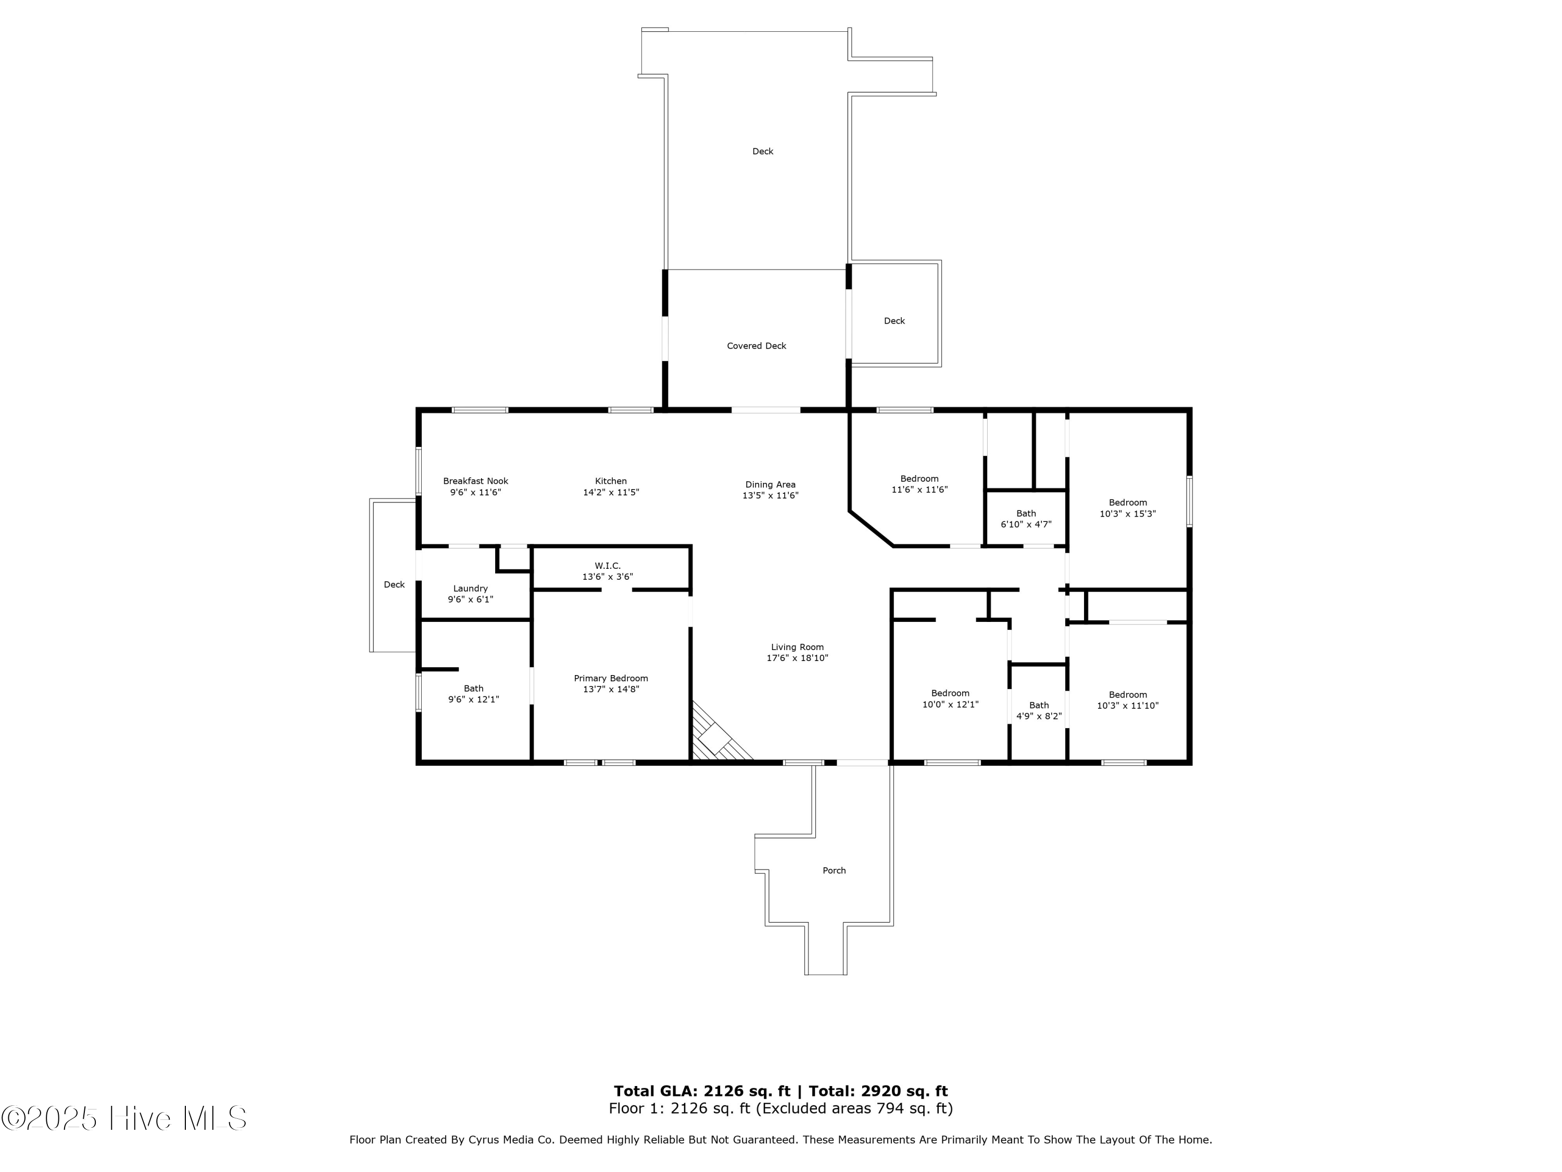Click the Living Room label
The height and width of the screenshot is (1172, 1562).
pos(797,647)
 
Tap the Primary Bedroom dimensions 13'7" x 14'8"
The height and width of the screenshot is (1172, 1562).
pos(611,690)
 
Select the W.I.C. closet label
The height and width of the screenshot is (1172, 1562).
pos(607,566)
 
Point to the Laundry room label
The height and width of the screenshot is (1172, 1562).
pos(470,589)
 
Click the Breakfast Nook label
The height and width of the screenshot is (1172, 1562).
pos(475,481)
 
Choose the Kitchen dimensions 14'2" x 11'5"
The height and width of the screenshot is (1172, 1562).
pos(611,492)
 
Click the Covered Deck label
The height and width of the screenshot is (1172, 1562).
pos(757,346)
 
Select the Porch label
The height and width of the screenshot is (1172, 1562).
pos(834,870)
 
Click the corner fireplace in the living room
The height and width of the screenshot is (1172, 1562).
pos(715,738)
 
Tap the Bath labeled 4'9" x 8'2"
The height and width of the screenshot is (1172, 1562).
pos(1039,710)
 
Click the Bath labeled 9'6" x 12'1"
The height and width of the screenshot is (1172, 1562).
pos(473,694)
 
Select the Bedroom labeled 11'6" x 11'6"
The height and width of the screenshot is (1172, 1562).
pos(919,484)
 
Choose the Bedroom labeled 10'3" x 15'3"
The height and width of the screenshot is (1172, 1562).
pos(1127,508)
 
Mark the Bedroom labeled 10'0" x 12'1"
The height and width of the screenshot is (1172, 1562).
pos(950,699)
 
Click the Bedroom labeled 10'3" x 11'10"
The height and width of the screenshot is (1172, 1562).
pos(1127,700)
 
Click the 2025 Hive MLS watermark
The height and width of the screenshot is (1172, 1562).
pos(124,1118)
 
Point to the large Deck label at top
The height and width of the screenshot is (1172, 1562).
pos(763,151)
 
